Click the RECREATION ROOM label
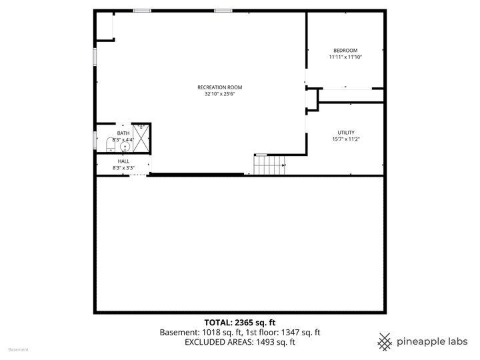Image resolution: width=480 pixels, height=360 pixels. point(219,87)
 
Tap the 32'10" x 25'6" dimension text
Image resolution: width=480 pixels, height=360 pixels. point(219,94)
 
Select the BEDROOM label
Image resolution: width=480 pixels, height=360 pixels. point(345,51)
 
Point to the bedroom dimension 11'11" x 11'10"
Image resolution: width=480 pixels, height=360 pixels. point(345,57)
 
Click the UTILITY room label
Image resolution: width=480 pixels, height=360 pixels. point(345,132)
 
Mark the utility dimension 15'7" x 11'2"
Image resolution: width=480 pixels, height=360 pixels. point(345,139)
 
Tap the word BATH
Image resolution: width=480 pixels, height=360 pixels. point(123,133)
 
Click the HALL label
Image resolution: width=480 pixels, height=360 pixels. point(123,161)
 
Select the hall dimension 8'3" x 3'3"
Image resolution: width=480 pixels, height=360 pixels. point(123,168)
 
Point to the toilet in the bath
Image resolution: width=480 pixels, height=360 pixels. point(110,145)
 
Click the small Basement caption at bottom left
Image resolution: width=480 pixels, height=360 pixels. point(18,349)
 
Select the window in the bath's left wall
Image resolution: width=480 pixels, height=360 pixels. point(95,140)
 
